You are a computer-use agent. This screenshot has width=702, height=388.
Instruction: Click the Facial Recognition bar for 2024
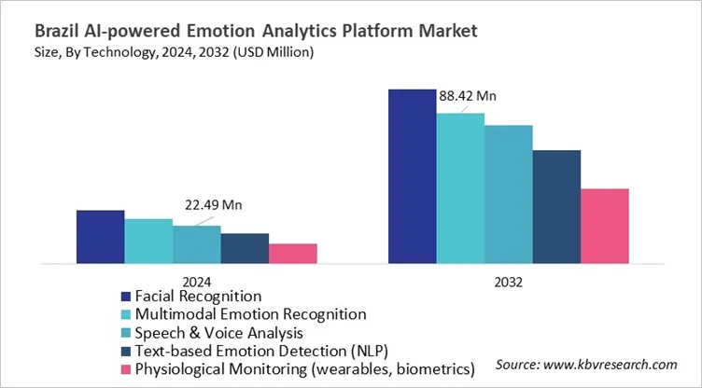[x=100, y=237]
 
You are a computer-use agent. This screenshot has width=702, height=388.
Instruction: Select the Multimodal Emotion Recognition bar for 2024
[x=148, y=241]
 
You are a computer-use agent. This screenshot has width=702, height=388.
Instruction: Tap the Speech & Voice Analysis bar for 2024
[x=196, y=244]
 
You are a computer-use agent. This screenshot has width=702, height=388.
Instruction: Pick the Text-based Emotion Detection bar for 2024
[x=245, y=248]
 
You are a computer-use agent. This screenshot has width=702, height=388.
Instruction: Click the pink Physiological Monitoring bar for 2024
[x=293, y=253]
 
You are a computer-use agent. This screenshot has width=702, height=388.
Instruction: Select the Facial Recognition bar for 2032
[x=412, y=176]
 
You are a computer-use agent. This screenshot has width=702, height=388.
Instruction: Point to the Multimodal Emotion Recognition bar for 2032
[x=460, y=188]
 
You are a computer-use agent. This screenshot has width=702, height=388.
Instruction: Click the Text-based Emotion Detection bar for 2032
[x=556, y=207]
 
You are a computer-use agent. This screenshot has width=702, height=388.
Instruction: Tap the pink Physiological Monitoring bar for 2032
[x=604, y=226]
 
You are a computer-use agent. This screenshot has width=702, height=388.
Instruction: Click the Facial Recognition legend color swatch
[x=125, y=296]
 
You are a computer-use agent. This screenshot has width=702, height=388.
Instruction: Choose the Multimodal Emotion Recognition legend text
[x=250, y=313]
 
